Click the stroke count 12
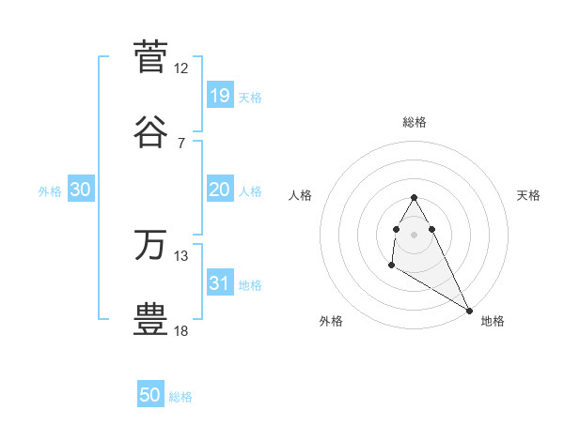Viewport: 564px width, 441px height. (x=181, y=68)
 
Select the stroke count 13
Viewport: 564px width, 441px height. (x=181, y=256)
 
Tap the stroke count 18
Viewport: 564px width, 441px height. (x=181, y=330)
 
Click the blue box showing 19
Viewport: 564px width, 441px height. (x=219, y=95)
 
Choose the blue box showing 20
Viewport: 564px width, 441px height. (x=219, y=189)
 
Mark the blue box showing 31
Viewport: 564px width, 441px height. (x=219, y=282)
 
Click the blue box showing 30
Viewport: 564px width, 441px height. (x=81, y=189)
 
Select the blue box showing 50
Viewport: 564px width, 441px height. (x=150, y=395)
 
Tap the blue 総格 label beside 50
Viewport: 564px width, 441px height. (x=180, y=397)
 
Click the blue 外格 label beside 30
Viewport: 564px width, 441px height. (x=50, y=190)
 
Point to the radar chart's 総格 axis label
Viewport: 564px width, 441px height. (x=414, y=122)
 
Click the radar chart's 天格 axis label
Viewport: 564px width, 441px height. (x=529, y=195)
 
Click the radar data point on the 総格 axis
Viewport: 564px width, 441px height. (x=414, y=197)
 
